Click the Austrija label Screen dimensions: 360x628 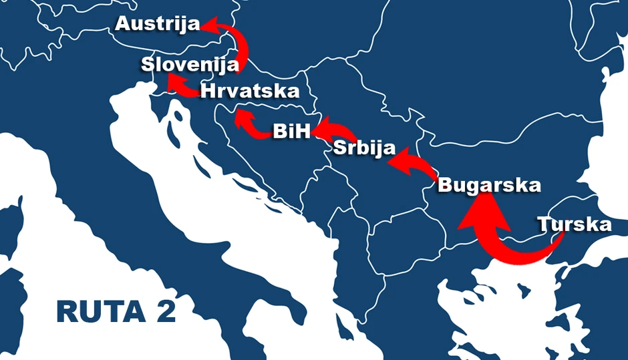(158, 25)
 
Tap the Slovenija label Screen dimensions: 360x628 (190, 65)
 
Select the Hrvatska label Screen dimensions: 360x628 (249, 91)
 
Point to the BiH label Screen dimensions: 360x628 (292, 131)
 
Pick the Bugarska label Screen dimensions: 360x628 (489, 185)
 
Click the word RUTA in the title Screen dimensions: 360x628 (96, 312)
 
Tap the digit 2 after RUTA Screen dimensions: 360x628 (163, 312)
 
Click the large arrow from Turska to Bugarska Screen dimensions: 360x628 (508, 247)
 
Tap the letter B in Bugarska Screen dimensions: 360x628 (446, 185)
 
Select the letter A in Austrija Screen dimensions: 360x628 (123, 25)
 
